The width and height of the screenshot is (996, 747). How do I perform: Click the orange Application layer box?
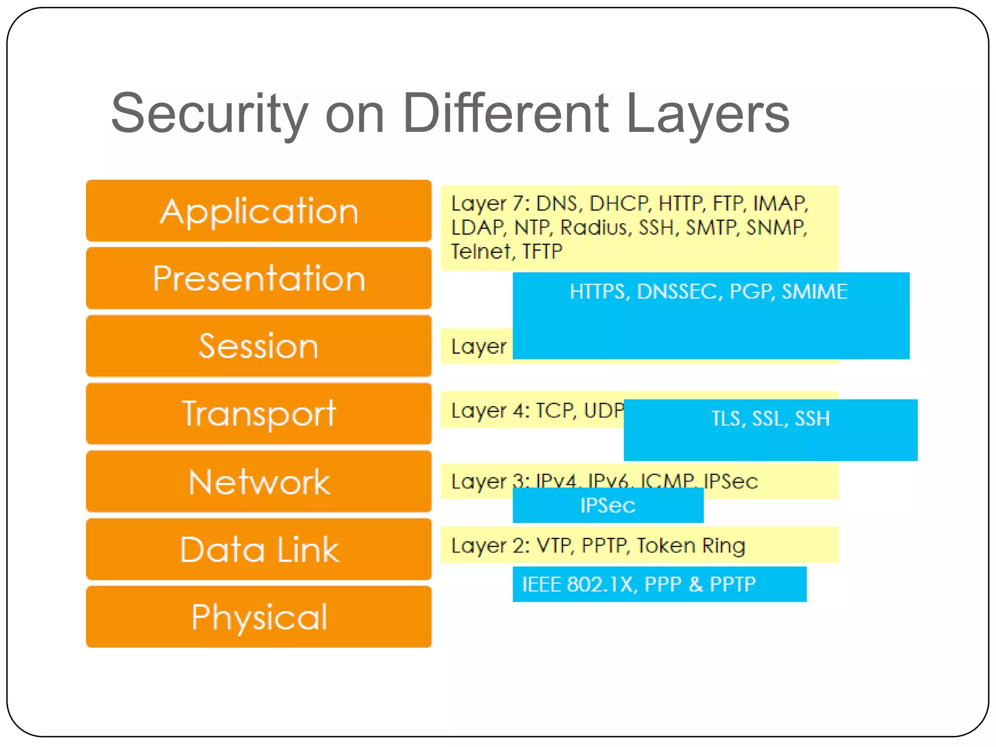(259, 211)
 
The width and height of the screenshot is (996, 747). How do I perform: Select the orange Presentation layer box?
(259, 278)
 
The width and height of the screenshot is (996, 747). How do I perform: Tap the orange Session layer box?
(259, 346)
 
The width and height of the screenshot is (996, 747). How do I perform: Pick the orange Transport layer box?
(259, 413)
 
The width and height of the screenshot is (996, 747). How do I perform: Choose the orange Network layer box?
(259, 481)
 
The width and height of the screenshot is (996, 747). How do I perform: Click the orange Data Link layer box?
(259, 549)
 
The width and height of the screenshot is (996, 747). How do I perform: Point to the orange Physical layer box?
(259, 617)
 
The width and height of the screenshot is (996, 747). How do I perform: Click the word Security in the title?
(209, 114)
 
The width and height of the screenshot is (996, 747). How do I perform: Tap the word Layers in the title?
(708, 114)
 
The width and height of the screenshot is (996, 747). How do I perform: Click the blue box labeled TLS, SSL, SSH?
(770, 429)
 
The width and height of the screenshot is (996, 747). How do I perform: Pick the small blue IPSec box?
(607, 506)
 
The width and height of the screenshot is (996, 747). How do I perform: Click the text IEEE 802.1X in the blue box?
(578, 584)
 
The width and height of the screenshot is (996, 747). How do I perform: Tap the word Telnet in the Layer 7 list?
(480, 251)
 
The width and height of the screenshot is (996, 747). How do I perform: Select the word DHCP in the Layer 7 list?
(619, 203)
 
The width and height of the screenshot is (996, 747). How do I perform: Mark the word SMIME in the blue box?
(815, 291)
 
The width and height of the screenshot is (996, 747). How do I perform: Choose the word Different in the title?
(506, 114)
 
